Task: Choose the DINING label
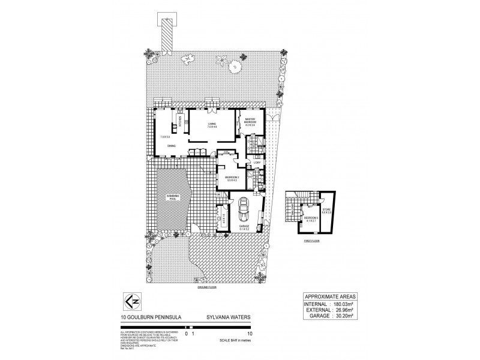pyautogui.click(x=172, y=146)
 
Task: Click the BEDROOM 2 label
pyautogui.click(x=232, y=178)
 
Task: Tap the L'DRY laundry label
pyautogui.click(x=256, y=162)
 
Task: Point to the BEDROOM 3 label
pyautogui.click(x=310, y=218)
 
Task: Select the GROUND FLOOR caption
pyautogui.click(x=206, y=287)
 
